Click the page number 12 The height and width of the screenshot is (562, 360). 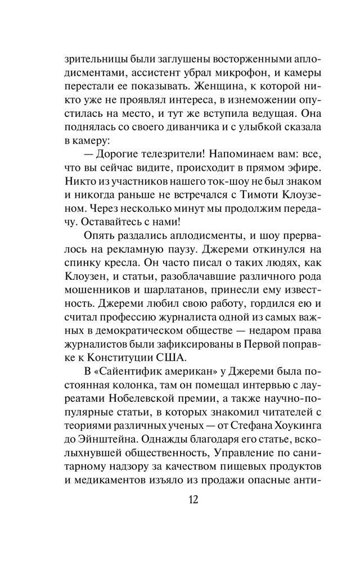click(181, 500)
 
